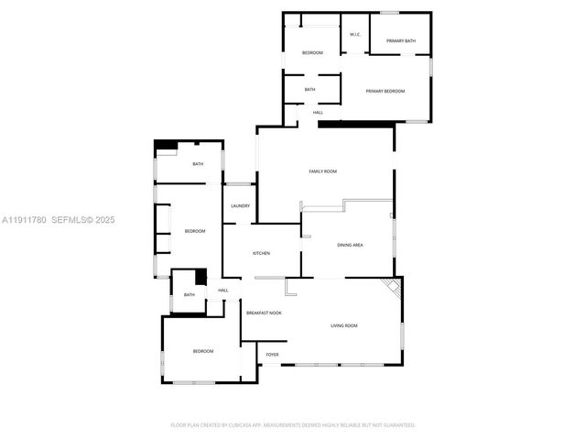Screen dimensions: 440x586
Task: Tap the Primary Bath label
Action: click(x=401, y=41)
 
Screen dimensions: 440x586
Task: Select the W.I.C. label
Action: click(x=355, y=36)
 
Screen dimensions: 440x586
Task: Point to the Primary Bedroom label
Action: click(x=385, y=91)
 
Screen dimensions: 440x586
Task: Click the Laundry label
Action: click(x=241, y=206)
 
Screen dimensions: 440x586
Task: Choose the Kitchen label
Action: click(x=262, y=253)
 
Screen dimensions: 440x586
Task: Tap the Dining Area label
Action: click(x=351, y=246)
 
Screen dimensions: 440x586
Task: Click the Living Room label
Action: click(x=344, y=326)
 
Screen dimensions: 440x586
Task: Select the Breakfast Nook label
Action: click(x=264, y=313)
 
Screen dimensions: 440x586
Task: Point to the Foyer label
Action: click(x=272, y=355)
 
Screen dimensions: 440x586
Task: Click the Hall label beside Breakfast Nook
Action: click(x=223, y=291)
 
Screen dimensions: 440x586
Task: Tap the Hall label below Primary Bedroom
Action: click(x=318, y=113)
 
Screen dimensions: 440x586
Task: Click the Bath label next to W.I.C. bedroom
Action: click(x=309, y=90)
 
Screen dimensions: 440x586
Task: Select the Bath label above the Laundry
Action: click(x=197, y=165)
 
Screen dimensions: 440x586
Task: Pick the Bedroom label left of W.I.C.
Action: click(x=313, y=53)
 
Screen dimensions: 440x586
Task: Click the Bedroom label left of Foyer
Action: click(x=202, y=352)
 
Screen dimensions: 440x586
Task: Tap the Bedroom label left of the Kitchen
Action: click(x=194, y=231)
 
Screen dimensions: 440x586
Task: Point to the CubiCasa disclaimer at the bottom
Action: click(x=293, y=425)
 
